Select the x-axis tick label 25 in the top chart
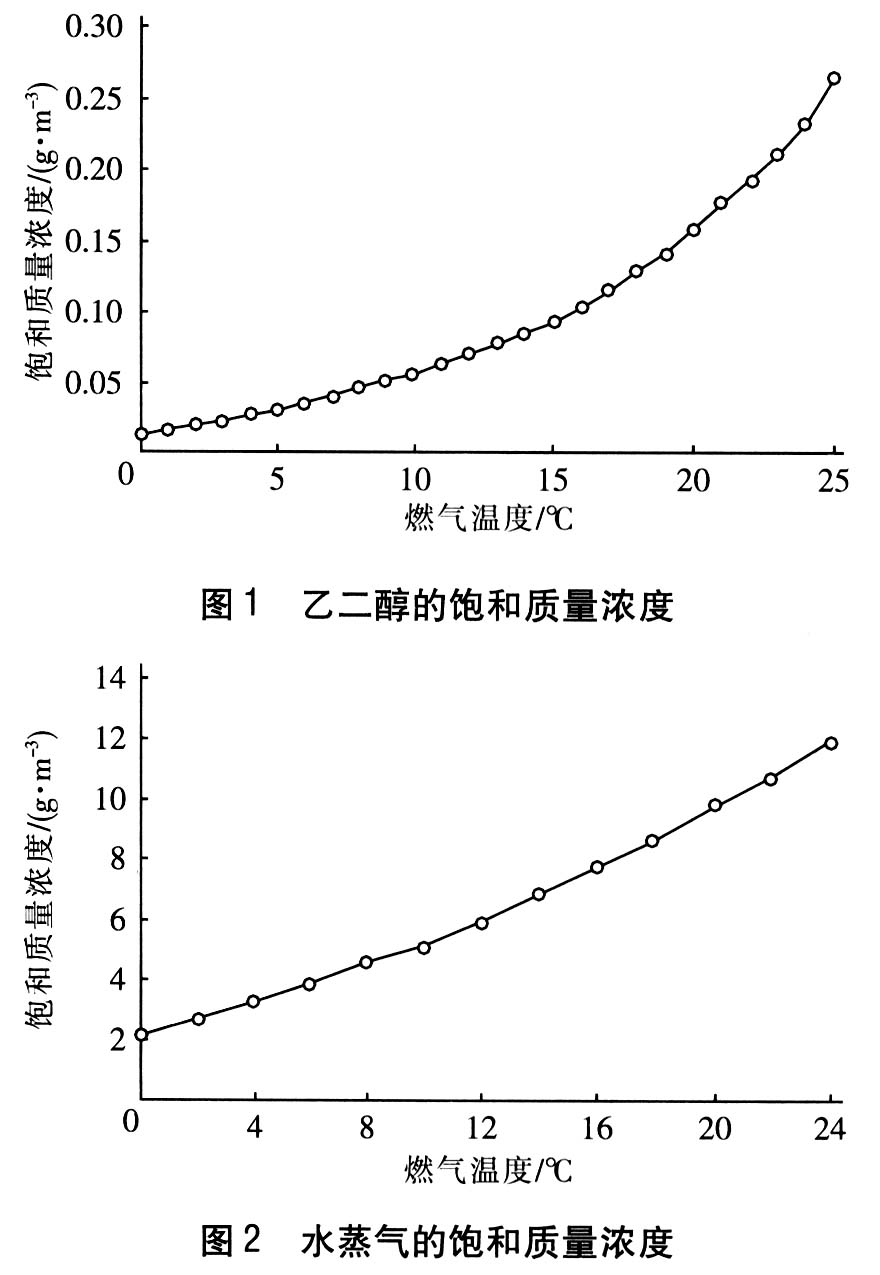[834, 479]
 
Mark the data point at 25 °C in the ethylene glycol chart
[834, 78]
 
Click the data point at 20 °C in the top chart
[694, 230]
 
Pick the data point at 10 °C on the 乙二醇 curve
[412, 374]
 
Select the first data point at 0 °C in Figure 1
[141, 434]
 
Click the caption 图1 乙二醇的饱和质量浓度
[437, 606]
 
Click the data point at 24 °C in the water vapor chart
[830, 743]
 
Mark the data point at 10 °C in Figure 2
[424, 947]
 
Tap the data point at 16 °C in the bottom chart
[597, 867]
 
